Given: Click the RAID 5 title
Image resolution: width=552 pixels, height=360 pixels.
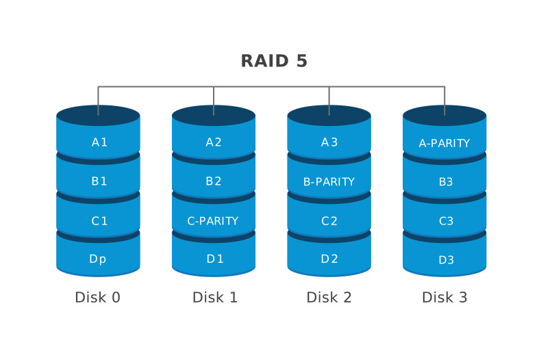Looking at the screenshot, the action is pos(274,61).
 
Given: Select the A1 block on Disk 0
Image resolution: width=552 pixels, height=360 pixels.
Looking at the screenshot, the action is pos(98,141).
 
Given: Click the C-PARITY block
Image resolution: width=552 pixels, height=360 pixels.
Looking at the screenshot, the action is pos(214,219).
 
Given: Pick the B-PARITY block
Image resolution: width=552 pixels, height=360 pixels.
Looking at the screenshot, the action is pos(329,180).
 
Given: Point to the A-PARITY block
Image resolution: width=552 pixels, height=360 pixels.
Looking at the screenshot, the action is pos(444,142).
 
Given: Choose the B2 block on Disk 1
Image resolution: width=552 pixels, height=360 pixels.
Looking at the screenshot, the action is pos(214,180).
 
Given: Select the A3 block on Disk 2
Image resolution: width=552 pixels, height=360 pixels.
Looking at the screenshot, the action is pos(329,141).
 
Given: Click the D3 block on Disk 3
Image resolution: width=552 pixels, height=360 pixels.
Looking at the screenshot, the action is pos(444,257).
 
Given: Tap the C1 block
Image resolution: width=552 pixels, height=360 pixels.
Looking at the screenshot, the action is pos(98,219).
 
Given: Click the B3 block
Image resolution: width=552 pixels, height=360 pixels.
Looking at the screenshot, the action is pos(444,180).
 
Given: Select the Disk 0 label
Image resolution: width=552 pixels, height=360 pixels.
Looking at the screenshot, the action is pos(97,297).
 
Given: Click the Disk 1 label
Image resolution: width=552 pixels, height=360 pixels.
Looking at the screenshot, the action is pos(215,297).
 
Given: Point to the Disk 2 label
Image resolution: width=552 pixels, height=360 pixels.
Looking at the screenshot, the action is pos(329,297).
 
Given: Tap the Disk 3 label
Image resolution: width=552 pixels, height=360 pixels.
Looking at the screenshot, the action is pos(444,297).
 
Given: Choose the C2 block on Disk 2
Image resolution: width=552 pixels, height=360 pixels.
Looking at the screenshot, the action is pos(329,219).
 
